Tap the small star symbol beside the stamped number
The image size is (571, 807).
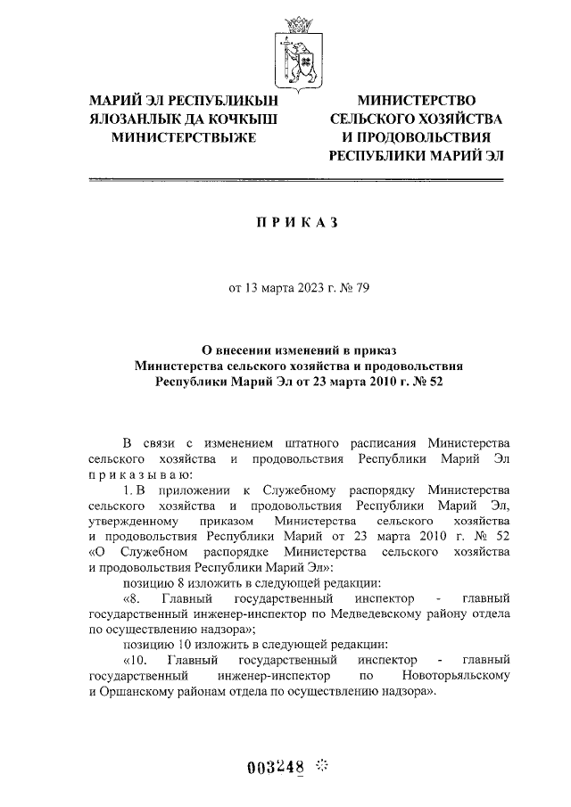(x=322, y=764)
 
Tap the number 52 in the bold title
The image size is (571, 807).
(x=434, y=382)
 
